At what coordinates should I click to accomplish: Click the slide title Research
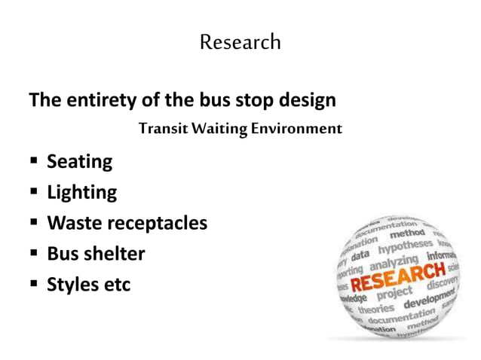pyautogui.click(x=240, y=42)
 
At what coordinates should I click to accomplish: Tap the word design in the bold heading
pyautogui.click(x=305, y=100)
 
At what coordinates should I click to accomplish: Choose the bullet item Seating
pyautogui.click(x=79, y=161)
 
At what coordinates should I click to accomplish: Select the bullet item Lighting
pyautogui.click(x=81, y=193)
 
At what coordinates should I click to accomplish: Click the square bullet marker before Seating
pyautogui.click(x=34, y=162)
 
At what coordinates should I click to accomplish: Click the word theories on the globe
pyautogui.click(x=375, y=309)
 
